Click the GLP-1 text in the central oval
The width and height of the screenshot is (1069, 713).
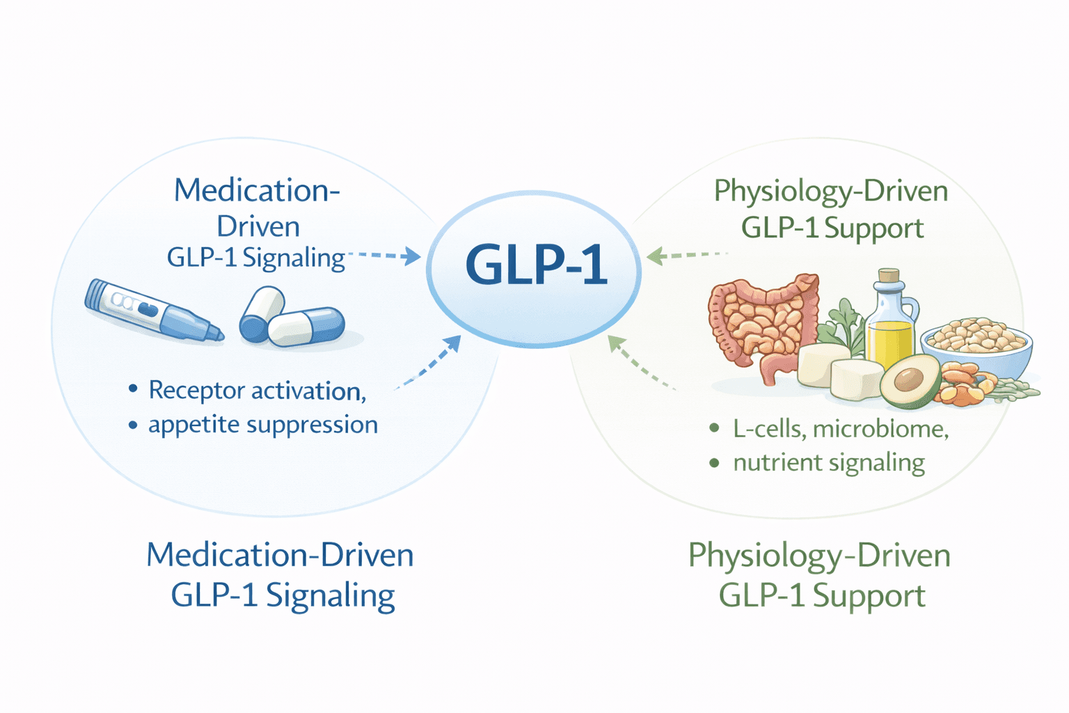coord(535,265)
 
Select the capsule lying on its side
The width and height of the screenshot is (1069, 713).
coord(307,327)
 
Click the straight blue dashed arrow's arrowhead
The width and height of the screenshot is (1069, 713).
coord(414,257)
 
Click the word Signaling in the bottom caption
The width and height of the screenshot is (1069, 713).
coord(330,595)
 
